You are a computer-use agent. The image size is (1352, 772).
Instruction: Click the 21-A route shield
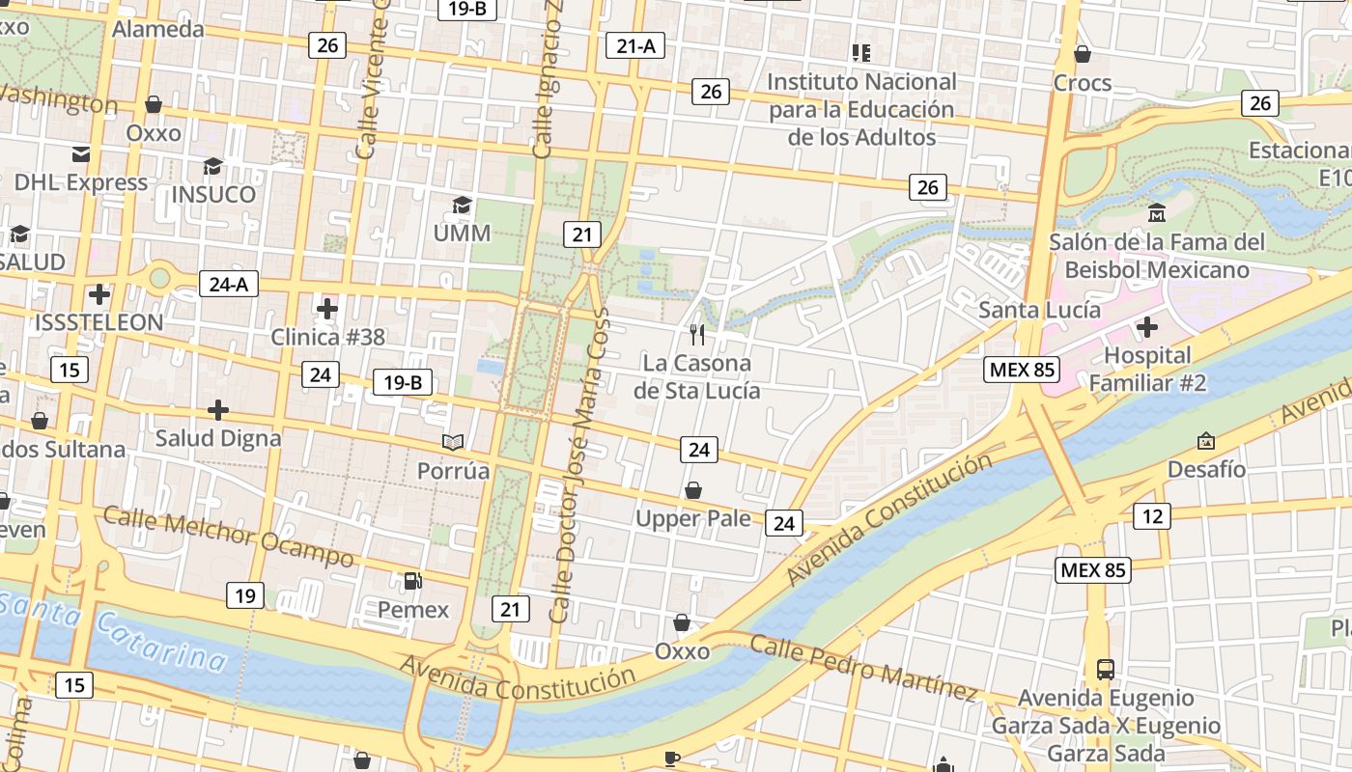point(635,44)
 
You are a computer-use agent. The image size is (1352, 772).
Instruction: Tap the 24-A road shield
point(229,284)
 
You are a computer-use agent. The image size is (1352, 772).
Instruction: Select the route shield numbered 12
point(1152,516)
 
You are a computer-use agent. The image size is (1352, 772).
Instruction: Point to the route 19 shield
point(245,595)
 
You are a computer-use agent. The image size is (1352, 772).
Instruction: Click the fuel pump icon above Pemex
point(412,581)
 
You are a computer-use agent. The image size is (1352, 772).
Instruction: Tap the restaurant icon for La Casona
point(697,335)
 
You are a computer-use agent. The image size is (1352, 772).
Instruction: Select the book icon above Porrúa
point(453,442)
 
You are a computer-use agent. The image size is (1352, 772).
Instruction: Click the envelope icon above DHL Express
point(80,154)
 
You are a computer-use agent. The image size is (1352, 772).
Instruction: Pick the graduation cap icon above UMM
point(463,205)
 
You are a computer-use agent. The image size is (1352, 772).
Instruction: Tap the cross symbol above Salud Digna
point(218,410)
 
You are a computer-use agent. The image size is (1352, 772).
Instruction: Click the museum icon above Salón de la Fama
point(1157,212)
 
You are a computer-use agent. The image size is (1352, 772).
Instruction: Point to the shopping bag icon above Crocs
point(1083,54)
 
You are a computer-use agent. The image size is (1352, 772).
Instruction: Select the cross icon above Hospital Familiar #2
point(1147,327)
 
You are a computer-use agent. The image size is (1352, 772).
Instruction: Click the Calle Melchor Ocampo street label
point(228,538)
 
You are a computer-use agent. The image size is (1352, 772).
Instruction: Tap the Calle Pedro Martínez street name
point(863,667)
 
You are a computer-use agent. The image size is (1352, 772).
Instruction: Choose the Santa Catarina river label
point(116,632)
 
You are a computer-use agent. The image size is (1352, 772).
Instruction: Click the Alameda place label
point(158,29)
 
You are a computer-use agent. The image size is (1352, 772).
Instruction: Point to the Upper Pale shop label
point(692,518)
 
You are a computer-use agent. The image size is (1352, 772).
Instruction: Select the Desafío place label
point(1206,469)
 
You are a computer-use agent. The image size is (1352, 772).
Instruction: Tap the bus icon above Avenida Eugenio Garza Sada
point(1106,669)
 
